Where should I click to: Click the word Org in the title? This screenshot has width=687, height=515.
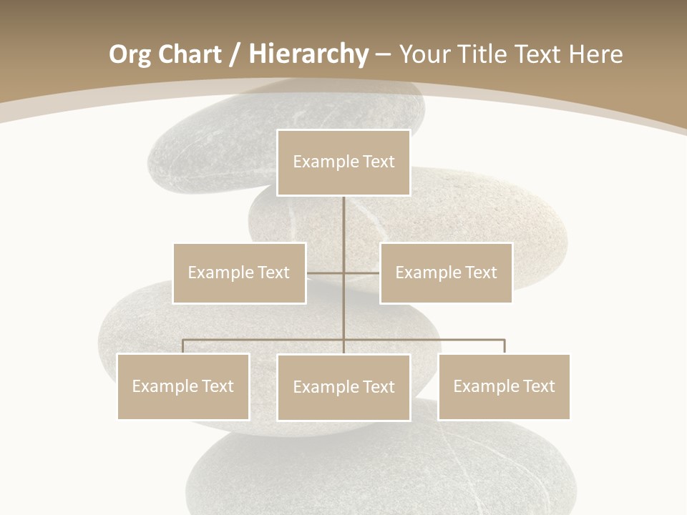(x=130, y=54)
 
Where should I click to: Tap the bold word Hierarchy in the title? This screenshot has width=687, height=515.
(x=308, y=54)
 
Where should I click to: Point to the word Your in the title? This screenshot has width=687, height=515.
(x=424, y=54)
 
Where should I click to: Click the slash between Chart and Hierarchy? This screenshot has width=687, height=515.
(x=234, y=55)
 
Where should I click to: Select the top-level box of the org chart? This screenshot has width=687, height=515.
(x=343, y=162)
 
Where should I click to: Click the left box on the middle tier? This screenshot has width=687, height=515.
(x=239, y=273)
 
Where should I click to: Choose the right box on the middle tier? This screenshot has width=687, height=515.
(x=446, y=273)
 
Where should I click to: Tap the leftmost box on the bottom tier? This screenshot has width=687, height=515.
(x=183, y=386)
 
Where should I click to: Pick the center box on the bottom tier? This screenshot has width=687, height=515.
(x=343, y=387)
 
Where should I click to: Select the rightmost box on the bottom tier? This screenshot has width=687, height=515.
(x=504, y=386)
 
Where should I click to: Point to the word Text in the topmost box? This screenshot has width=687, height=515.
(x=379, y=162)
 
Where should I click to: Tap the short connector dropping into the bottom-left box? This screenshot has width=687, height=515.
(x=183, y=346)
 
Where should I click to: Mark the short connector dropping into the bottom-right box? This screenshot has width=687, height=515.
(x=505, y=346)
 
